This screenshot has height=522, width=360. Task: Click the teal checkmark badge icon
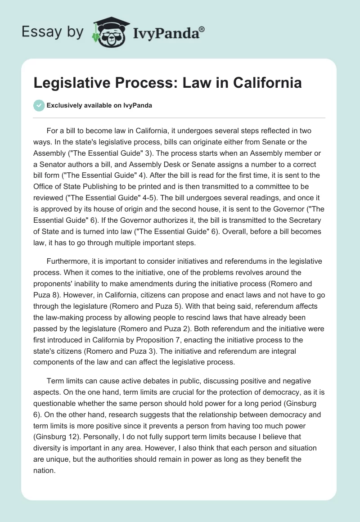pyautogui.click(x=39, y=105)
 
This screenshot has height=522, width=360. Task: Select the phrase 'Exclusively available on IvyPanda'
pyautogui.click(x=99, y=105)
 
